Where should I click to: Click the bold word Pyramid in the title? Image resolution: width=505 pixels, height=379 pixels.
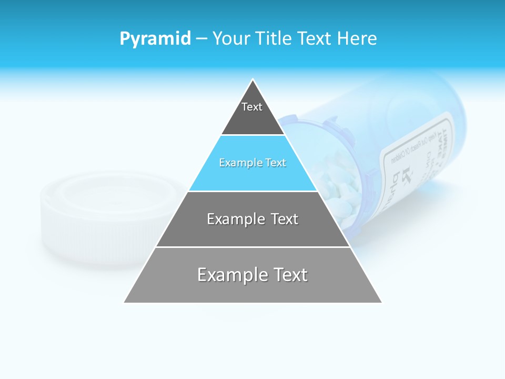(155, 39)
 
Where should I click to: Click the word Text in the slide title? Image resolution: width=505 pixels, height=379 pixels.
(316, 39)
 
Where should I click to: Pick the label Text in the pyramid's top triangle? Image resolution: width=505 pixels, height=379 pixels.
(252, 107)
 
